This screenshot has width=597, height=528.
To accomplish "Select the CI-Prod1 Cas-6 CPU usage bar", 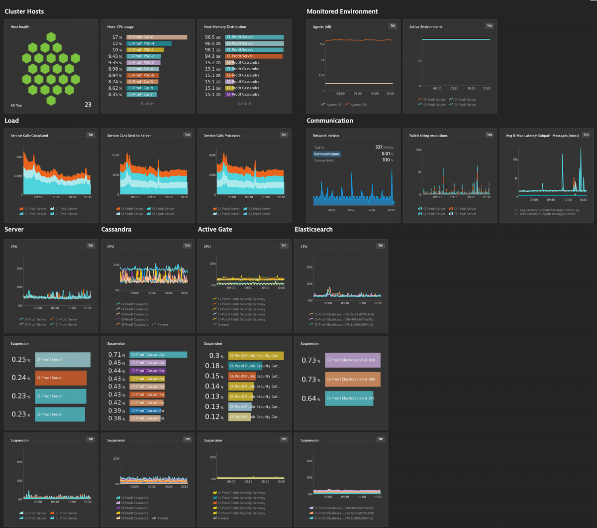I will point(157,37).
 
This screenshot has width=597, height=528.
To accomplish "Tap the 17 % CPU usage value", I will point(117,37).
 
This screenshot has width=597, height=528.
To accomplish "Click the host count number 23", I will point(88,105).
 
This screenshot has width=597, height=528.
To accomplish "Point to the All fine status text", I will point(16,106).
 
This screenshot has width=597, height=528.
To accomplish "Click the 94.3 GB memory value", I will point(212,56).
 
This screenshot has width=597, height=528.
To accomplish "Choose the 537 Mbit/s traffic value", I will point(385,147).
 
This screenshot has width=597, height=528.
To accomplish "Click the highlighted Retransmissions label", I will point(327,154).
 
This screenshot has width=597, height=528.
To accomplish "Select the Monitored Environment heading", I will point(342,11).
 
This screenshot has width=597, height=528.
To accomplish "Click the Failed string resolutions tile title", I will point(428,135).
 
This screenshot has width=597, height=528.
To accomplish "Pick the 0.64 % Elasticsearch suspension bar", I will point(349,398).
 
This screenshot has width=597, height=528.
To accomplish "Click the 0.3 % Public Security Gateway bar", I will point(256,356).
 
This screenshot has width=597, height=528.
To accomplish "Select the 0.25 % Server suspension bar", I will point(63,360).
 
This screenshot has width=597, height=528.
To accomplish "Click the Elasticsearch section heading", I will point(313,229).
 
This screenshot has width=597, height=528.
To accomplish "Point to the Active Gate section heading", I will point(215,229).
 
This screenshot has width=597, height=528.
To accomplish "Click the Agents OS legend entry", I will point(331,105).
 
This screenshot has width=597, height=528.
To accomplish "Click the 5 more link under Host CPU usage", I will point(147,104).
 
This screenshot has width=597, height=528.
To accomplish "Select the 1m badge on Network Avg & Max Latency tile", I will point(586,134).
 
